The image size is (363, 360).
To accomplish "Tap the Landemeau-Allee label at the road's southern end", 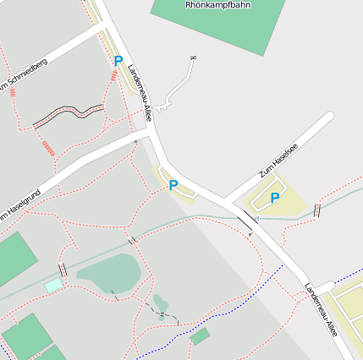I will [x=322, y=308].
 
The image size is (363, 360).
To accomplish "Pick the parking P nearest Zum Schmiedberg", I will [x=118, y=61].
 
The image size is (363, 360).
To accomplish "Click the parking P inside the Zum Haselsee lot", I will [x=274, y=199].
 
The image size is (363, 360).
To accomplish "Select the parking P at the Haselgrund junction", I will [x=173, y=185].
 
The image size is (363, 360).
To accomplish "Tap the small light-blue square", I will [x=53, y=286].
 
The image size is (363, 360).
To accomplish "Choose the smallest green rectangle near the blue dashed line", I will [x=200, y=336].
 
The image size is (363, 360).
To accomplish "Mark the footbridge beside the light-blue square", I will [x=63, y=270].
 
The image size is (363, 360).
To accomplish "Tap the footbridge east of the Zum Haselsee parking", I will [x=317, y=210].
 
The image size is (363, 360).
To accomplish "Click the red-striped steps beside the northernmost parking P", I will [x=113, y=77].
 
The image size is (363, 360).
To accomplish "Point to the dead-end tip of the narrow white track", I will [x=194, y=57].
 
